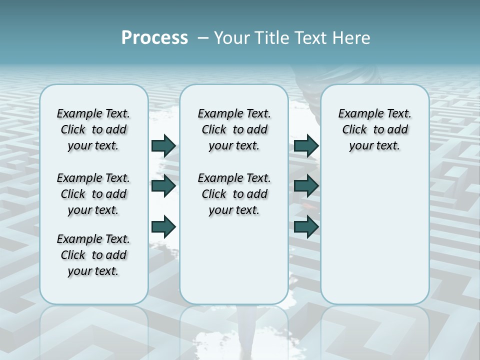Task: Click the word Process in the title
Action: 154,38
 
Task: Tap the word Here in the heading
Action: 352,38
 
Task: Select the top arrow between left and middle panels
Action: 163,145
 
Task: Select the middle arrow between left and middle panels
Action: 163,186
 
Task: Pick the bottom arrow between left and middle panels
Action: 163,226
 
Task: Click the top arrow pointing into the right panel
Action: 306,145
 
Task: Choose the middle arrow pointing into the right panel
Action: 306,186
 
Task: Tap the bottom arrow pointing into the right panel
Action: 306,226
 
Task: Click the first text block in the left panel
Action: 93,129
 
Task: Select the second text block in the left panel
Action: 93,194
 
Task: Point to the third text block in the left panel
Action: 93,255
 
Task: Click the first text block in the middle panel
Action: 234,129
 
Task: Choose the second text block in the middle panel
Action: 234,194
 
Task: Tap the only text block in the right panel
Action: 375,129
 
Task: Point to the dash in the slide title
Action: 203,38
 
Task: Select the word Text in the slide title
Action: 311,38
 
